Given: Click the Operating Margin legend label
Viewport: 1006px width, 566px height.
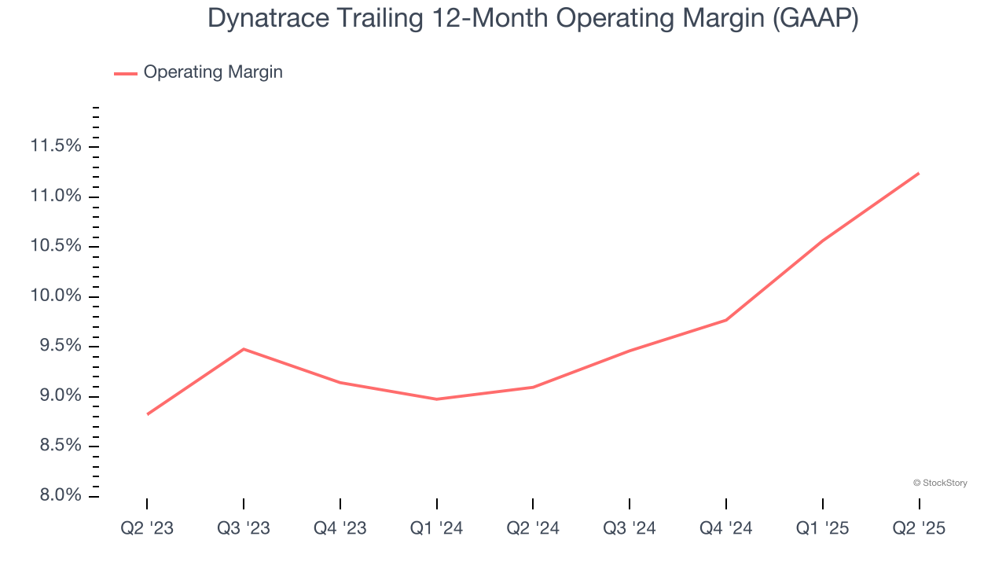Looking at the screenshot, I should (x=213, y=72).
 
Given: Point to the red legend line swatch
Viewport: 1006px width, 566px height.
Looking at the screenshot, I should (x=126, y=73).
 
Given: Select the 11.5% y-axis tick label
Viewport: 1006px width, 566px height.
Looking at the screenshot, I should (x=56, y=146).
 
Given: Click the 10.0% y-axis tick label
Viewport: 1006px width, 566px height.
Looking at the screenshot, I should (x=56, y=296).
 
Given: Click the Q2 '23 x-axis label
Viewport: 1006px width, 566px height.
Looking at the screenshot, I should (x=147, y=528).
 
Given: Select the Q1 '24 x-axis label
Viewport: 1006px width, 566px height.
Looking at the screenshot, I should (x=436, y=528).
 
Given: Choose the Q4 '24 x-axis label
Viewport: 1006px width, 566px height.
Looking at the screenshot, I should (x=726, y=528).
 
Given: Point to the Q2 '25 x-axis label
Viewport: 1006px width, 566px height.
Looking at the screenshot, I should (x=919, y=528).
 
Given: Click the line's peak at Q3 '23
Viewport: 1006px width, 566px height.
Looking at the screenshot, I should (x=244, y=349).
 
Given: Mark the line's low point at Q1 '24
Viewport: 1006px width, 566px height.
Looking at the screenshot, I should (x=436, y=399).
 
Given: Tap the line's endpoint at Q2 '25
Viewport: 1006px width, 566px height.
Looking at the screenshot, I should (x=919, y=173).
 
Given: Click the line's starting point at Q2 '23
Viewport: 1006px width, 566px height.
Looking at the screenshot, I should (x=147, y=414).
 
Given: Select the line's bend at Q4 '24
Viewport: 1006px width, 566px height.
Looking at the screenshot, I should (x=726, y=320).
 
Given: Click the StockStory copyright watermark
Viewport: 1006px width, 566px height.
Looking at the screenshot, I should (x=940, y=483).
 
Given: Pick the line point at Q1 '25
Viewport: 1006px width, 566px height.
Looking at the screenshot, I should (x=822, y=241).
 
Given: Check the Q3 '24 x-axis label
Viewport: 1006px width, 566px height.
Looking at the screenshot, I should (x=630, y=528).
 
